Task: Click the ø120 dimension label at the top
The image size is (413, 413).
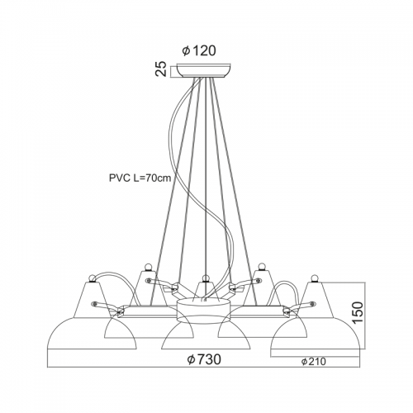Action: pyautogui.click(x=199, y=51)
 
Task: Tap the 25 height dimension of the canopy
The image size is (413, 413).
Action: pyautogui.click(x=161, y=69)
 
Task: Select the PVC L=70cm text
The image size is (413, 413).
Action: pyautogui.click(x=140, y=178)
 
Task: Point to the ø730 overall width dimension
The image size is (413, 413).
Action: pyautogui.click(x=204, y=359)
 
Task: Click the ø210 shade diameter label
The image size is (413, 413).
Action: pyautogui.click(x=313, y=361)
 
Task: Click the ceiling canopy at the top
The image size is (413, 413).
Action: pyautogui.click(x=204, y=70)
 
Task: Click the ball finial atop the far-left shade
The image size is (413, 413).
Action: pyautogui.click(x=93, y=278)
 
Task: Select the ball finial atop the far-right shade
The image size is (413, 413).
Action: pyautogui.click(x=314, y=278)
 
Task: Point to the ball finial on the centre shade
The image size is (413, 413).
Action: pyautogui.click(x=204, y=278)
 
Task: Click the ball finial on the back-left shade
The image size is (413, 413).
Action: pyautogui.click(x=148, y=266)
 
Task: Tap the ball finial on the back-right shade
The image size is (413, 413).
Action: pyautogui.click(x=260, y=266)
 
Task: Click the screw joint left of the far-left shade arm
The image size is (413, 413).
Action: pyautogui.click(x=95, y=303)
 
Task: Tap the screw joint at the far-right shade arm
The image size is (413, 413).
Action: pyautogui.click(x=312, y=303)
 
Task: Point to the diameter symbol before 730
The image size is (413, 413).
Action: pyautogui.click(x=191, y=359)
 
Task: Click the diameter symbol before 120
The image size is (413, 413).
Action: pyautogui.click(x=186, y=51)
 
